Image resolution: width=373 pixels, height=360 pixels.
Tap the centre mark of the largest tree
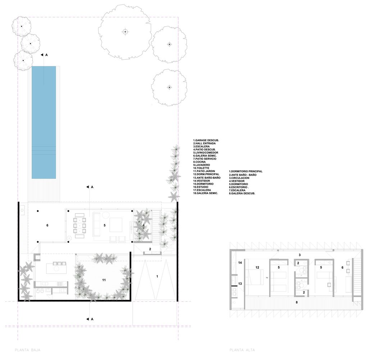(125, 32)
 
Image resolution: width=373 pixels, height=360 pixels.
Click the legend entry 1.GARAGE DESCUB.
(206, 140)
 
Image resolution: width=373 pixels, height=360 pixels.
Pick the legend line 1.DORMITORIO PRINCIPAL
(246, 171)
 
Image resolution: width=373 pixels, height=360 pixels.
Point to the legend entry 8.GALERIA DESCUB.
(242, 194)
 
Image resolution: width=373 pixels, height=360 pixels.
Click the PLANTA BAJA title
(27, 350)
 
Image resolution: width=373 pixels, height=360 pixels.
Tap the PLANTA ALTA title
(242, 350)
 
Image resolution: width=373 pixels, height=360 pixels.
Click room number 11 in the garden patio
(104, 279)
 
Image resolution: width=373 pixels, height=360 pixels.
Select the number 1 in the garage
(157, 276)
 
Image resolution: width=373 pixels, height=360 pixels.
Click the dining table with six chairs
(80, 226)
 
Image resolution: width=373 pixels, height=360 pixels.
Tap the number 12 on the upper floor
(257, 267)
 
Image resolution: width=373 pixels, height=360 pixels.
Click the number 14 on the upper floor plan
(240, 263)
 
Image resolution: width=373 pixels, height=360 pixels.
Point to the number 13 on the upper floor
(240, 284)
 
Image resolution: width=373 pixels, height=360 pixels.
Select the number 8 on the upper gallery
(296, 302)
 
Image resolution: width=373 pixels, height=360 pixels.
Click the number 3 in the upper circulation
(299, 255)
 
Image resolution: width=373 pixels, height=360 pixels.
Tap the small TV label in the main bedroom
(267, 278)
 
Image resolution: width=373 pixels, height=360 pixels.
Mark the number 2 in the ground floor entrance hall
(150, 249)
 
